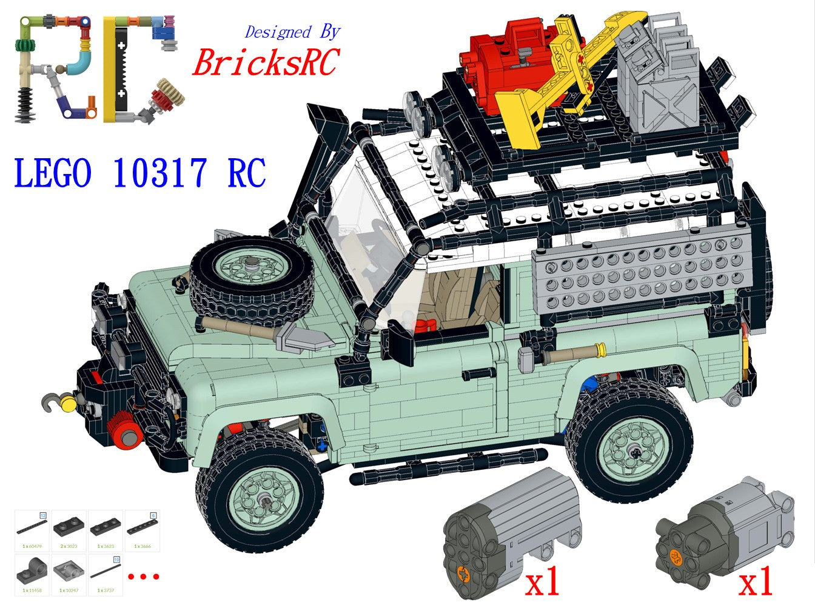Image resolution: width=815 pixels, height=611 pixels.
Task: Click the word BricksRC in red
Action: pos(265,62)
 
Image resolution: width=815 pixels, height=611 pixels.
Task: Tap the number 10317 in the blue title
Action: pos(159,173)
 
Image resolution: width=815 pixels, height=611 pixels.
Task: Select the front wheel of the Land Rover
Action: pos(258,487)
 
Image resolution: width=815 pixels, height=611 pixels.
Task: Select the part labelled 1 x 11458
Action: pos(32,573)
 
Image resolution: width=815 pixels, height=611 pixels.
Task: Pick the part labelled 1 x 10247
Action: pos(69,573)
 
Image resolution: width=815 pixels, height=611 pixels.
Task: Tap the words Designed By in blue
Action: pos(292,32)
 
